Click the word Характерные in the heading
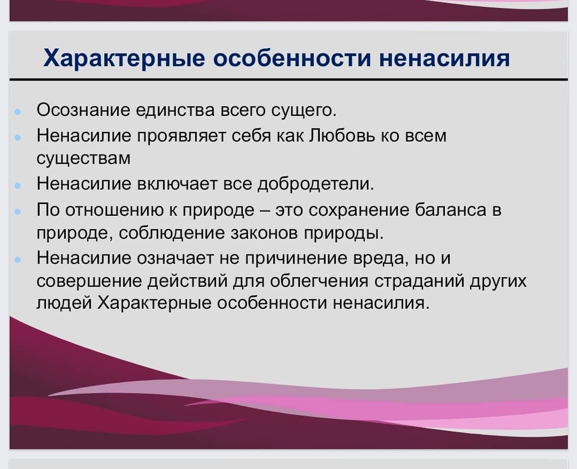click(x=124, y=58)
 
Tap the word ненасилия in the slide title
click(x=444, y=58)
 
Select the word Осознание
click(x=83, y=110)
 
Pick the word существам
click(x=83, y=159)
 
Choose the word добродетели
click(x=316, y=184)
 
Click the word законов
click(x=264, y=233)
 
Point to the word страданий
click(x=419, y=282)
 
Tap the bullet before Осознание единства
click(x=17, y=111)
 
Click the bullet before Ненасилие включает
click(x=17, y=185)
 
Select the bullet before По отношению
click(x=17, y=212)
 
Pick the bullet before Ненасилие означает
click(x=17, y=260)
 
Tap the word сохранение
click(x=359, y=210)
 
